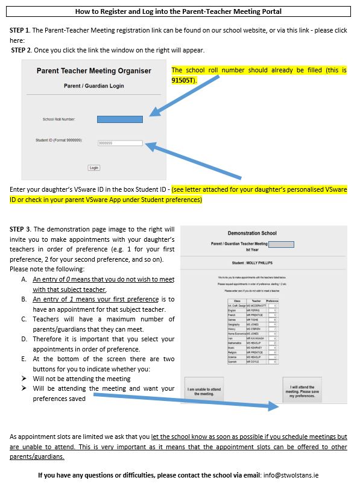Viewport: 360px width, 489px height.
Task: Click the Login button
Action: [x=93, y=168]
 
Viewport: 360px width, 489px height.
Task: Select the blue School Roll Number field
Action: [x=119, y=119]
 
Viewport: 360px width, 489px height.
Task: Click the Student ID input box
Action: [x=119, y=143]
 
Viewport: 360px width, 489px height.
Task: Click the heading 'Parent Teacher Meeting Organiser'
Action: [x=93, y=71]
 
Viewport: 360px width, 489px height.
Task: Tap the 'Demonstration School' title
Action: [x=252, y=233]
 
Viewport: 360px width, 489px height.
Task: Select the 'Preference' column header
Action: [x=272, y=300]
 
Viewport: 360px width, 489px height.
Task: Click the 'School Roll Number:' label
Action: [x=58, y=119]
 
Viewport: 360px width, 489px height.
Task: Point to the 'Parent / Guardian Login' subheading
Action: [x=93, y=86]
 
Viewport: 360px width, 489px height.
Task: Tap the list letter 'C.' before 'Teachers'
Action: [x=24, y=319]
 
